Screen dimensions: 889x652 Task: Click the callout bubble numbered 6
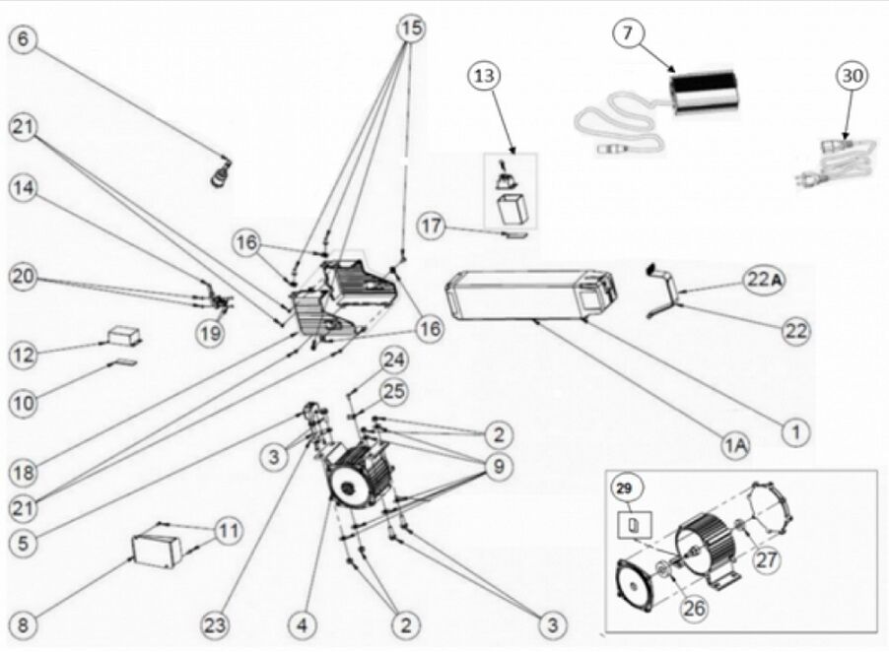(24, 39)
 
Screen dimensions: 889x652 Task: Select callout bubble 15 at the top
(412, 28)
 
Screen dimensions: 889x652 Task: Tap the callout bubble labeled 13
(484, 76)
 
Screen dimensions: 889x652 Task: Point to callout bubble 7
(627, 33)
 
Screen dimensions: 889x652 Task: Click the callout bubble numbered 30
(853, 76)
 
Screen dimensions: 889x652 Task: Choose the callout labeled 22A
(764, 279)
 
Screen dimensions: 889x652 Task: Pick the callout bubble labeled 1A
(735, 445)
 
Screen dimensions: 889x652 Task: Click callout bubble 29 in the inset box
(625, 488)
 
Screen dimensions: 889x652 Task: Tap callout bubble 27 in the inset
(766, 559)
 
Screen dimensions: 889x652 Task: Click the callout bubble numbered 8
(24, 625)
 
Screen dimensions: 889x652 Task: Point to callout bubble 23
(215, 625)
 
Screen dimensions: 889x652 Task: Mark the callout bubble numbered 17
(432, 226)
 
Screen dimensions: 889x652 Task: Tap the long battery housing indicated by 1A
(530, 295)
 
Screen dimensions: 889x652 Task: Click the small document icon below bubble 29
(635, 526)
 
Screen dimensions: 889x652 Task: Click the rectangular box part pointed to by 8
(157, 549)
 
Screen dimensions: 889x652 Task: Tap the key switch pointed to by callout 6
(221, 172)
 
